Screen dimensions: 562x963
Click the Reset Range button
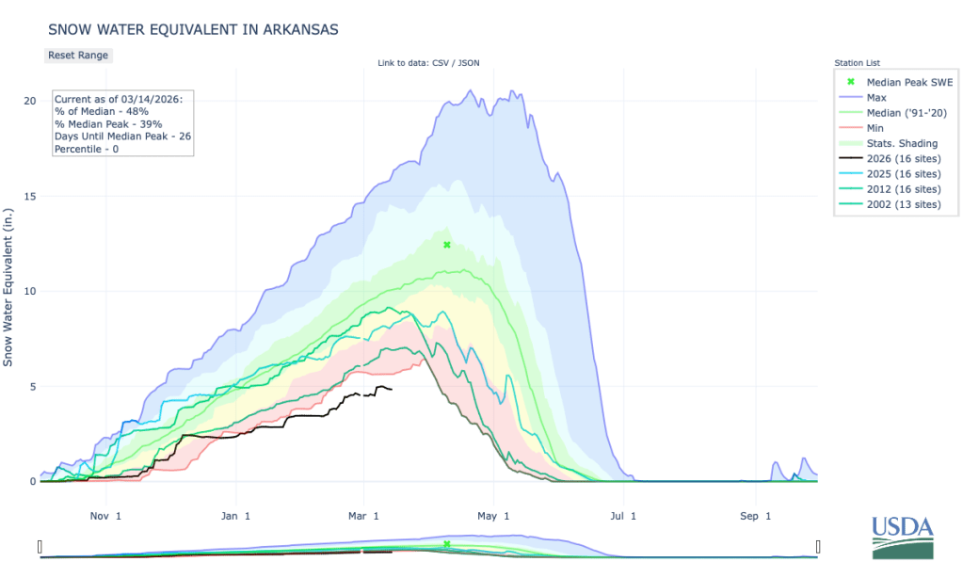78,55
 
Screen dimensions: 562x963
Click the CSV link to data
439,63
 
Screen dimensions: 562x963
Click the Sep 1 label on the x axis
755,516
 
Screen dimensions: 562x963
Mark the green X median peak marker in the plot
447,245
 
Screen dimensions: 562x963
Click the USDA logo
902,537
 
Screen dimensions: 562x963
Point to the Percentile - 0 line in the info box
90,148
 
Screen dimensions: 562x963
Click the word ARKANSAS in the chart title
293,29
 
